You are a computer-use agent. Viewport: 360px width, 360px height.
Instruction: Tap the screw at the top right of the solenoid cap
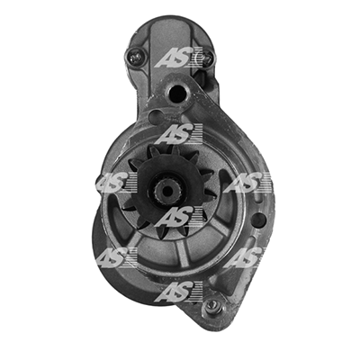pyautogui.click(x=208, y=58)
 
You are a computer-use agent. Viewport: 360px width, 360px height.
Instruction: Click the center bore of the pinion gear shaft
pyautogui.click(x=166, y=190)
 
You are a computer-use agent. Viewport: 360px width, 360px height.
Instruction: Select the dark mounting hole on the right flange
pyautogui.click(x=259, y=220)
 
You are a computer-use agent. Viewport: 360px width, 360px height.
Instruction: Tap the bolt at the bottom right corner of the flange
pyautogui.click(x=212, y=305)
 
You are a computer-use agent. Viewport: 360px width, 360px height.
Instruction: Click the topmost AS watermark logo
pyautogui.click(x=179, y=58)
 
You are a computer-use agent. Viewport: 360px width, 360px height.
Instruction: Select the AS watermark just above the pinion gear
pyautogui.click(x=179, y=134)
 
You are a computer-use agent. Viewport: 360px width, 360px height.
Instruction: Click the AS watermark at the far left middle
pyautogui.click(x=114, y=182)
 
